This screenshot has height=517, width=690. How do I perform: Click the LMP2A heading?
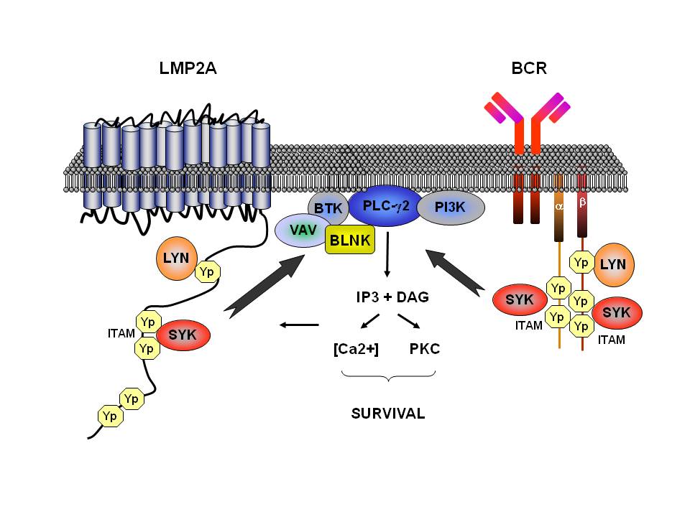click(x=188, y=69)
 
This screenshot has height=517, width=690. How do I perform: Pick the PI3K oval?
click(x=451, y=208)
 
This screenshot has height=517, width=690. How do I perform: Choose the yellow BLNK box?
click(x=350, y=240)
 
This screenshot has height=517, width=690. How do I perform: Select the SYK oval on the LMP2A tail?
click(x=184, y=335)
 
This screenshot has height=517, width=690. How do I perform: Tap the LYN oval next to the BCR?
click(x=612, y=264)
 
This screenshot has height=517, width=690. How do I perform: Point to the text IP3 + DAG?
click(x=388, y=297)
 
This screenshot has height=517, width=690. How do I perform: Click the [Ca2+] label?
click(x=355, y=350)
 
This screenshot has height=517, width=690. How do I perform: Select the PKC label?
click(x=424, y=350)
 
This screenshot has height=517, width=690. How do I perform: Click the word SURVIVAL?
click(x=388, y=414)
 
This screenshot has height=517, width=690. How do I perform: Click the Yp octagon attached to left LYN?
click(x=208, y=272)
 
